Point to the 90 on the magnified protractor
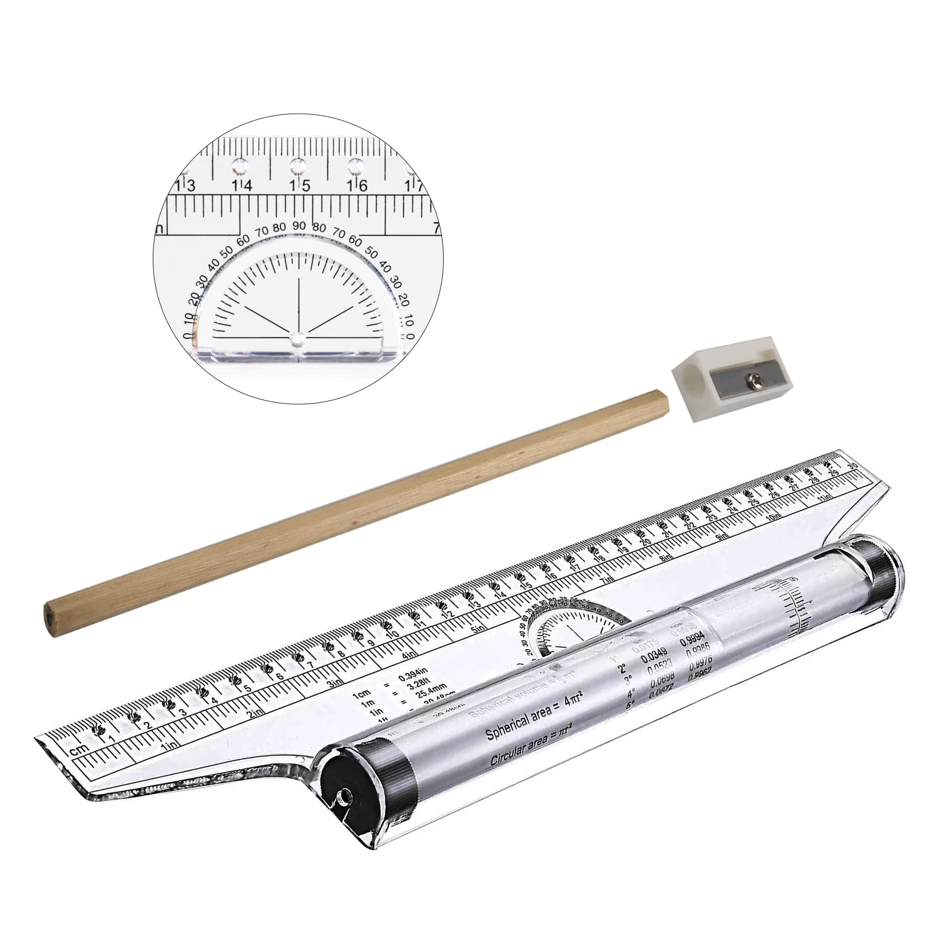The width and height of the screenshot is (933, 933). (300, 226)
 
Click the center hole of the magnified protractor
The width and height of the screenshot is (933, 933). (298, 338)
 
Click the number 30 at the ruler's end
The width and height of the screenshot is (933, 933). (853, 450)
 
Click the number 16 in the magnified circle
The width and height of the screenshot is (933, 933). (356, 185)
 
